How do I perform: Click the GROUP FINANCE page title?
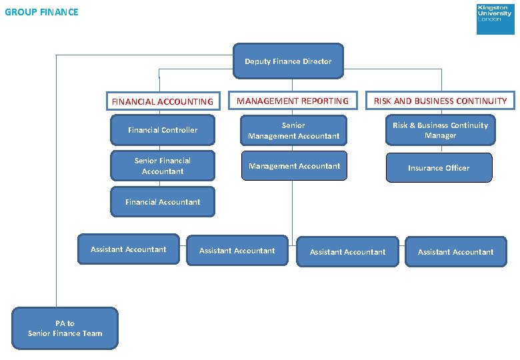[x=41, y=12]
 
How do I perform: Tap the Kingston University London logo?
[x=495, y=19]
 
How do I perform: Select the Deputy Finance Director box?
[x=288, y=61]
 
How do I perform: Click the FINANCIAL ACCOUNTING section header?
[x=163, y=101]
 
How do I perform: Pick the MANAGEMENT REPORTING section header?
[x=293, y=101]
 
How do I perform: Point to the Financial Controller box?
[x=163, y=130]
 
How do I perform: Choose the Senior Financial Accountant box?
[x=163, y=166]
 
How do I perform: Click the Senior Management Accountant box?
[x=293, y=130]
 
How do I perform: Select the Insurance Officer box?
[x=439, y=168]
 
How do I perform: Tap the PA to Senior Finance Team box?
[x=65, y=328]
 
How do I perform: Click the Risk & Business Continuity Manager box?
[x=441, y=130]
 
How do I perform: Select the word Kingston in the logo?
[x=493, y=7]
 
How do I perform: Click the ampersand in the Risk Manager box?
[x=412, y=125]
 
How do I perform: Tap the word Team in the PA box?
[x=93, y=333]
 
